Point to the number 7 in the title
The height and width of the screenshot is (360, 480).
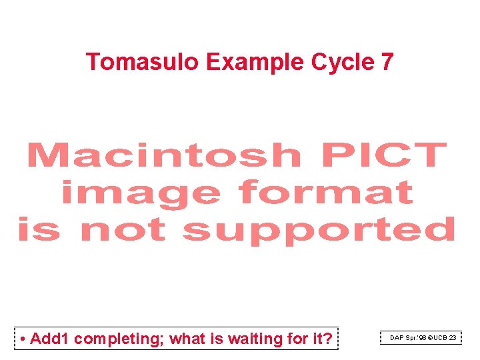pyautogui.click(x=387, y=62)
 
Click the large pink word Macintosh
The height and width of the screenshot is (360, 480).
pyautogui.click(x=164, y=155)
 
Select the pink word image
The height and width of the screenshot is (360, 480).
pyautogui.click(x=141, y=193)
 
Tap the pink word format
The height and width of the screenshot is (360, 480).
pyautogui.click(x=326, y=193)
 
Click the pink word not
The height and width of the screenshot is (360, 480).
pyautogui.click(x=122, y=230)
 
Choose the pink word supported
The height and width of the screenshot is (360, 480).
pyautogui.click(x=319, y=231)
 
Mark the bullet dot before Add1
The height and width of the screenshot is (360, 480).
pyautogui.click(x=23, y=339)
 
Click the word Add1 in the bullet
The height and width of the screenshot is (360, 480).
pyautogui.click(x=50, y=339)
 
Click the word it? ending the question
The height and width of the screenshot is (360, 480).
pyautogui.click(x=321, y=339)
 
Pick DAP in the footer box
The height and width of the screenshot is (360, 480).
pyautogui.click(x=397, y=339)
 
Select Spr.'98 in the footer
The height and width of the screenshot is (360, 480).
pyautogui.click(x=416, y=339)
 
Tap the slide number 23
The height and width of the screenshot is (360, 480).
pyautogui.click(x=453, y=339)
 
